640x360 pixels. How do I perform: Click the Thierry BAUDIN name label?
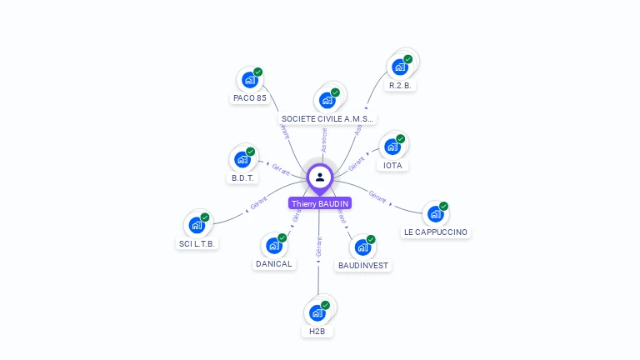tap(320, 203)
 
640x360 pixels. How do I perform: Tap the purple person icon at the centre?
tap(320, 177)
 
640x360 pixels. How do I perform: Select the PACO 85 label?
tap(250, 97)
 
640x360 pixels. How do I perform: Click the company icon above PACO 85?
tap(248, 80)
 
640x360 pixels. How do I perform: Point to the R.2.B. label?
tap(401, 85)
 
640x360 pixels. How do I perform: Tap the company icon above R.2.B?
tap(400, 67)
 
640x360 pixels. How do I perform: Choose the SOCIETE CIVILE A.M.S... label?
tap(327, 118)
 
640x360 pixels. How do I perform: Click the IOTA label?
tap(392, 165)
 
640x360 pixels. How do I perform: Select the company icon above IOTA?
tap(392, 147)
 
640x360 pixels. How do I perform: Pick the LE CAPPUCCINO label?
tap(436, 232)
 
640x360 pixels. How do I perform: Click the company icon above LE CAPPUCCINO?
tap(436, 214)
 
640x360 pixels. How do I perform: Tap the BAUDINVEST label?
tap(363, 265)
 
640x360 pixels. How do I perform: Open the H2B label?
tap(317, 331)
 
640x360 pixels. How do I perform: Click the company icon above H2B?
tap(317, 312)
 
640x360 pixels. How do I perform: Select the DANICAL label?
tap(274, 263)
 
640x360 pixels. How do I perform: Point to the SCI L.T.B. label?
tap(197, 243)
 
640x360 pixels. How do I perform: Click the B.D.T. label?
tap(243, 177)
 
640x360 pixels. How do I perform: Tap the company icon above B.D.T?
tap(242, 159)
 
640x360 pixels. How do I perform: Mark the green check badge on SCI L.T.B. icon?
tap(205, 217)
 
